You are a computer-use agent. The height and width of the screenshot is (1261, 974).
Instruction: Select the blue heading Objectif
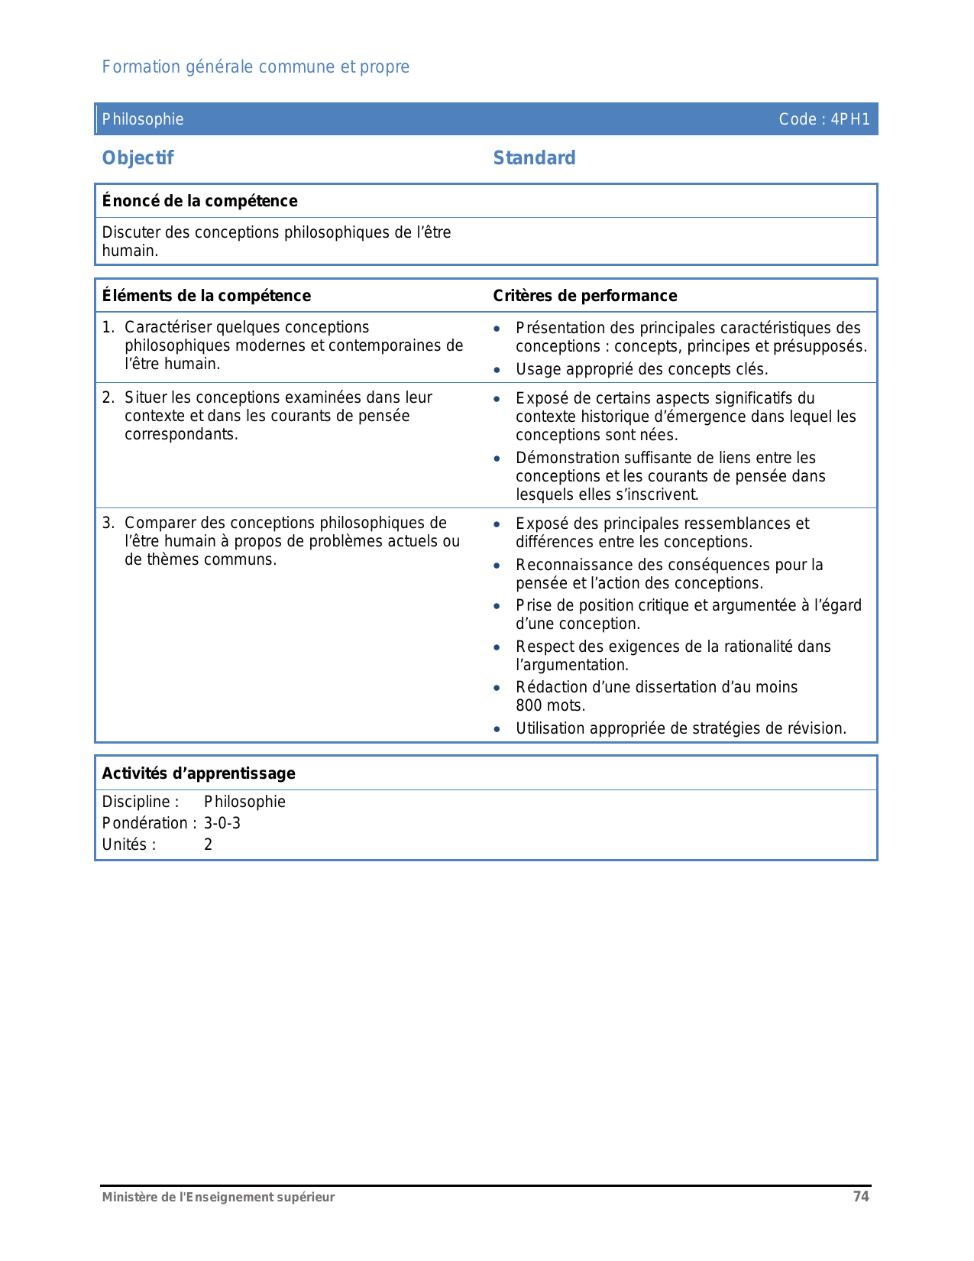pyautogui.click(x=138, y=158)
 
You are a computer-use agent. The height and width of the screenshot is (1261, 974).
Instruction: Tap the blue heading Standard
pyautogui.click(x=534, y=158)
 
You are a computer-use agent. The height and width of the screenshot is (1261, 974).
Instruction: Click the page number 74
pyautogui.click(x=861, y=1197)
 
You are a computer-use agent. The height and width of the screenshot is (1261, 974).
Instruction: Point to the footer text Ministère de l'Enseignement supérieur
pyautogui.click(x=218, y=1198)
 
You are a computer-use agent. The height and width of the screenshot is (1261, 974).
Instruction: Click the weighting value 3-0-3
pyautogui.click(x=222, y=823)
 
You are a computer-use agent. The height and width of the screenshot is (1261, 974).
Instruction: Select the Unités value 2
pyautogui.click(x=208, y=844)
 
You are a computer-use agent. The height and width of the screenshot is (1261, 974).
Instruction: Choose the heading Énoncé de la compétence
pyautogui.click(x=199, y=201)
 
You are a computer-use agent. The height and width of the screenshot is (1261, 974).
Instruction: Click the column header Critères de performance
pyautogui.click(x=584, y=296)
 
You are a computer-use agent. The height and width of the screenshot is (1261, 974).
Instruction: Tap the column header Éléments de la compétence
pyautogui.click(x=206, y=296)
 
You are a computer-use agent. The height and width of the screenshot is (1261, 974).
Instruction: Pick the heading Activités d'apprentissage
pyautogui.click(x=199, y=773)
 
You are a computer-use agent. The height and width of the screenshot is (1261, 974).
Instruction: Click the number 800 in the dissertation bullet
pyautogui.click(x=529, y=705)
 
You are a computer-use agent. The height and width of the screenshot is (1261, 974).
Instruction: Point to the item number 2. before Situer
pyautogui.click(x=108, y=397)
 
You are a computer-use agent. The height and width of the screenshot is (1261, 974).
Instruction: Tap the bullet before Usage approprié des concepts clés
pyautogui.click(x=497, y=370)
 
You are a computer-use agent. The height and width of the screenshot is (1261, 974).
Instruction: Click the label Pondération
pyautogui.click(x=145, y=823)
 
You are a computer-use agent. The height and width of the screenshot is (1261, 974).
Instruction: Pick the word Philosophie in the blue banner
pyautogui.click(x=143, y=119)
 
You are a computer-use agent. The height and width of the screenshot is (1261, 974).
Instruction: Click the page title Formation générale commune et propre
pyautogui.click(x=256, y=67)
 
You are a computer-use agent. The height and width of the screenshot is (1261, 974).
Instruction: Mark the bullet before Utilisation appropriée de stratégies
pyautogui.click(x=497, y=729)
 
